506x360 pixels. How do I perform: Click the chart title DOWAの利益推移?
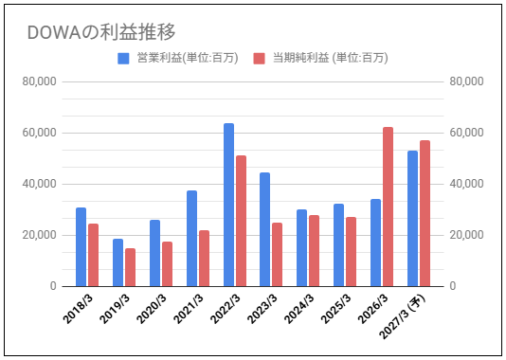101,32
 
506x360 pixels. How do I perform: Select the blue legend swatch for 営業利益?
123,59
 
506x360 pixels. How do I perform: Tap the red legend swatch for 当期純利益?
259,59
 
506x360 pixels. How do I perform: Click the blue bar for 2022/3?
228,205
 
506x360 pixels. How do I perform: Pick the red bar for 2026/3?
388,207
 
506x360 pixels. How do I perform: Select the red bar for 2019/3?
131,267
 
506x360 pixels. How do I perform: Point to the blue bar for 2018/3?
81,247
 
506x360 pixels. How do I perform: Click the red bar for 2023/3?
278,255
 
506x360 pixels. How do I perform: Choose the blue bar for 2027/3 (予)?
412,219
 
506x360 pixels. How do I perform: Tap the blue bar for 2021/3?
191,239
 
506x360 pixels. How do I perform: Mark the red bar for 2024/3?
314,251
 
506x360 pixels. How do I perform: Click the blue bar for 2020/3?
154,253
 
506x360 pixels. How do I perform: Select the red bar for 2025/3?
352,252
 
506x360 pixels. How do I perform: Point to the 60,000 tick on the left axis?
39,133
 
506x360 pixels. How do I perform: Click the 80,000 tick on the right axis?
466,81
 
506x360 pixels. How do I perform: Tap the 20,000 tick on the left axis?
39,235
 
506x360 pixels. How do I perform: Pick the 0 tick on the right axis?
453,286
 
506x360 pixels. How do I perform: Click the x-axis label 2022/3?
226,309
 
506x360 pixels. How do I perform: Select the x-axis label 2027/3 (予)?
402,316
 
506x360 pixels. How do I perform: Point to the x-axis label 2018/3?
78,309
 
